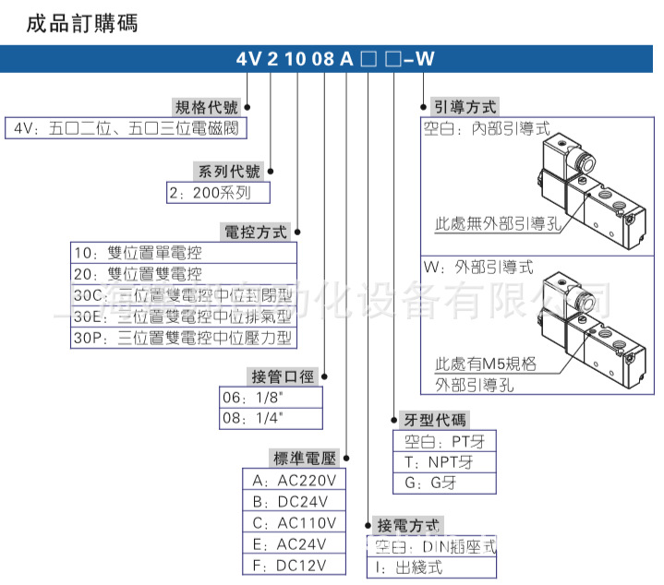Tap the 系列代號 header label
(x=227, y=171)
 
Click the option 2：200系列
(x=218, y=193)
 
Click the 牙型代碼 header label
(x=431, y=419)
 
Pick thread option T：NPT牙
(x=445, y=461)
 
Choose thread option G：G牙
(x=445, y=483)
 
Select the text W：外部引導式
(x=478, y=266)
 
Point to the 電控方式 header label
(x=255, y=231)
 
